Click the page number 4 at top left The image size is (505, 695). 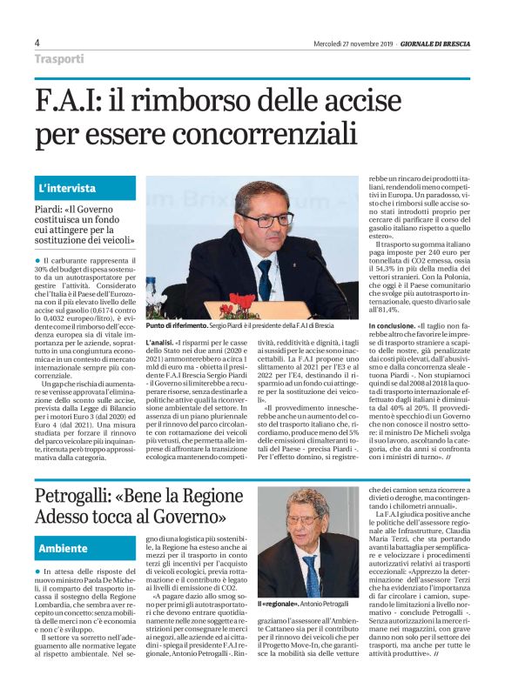pyautogui.click(x=37, y=43)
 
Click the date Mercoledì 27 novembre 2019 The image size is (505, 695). pyautogui.click(x=353, y=43)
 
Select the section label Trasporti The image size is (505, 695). pyautogui.click(x=59, y=59)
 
